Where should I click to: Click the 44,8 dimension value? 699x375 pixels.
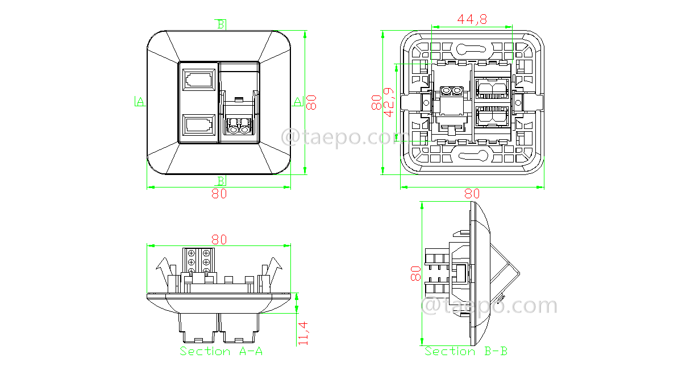tap(472, 19)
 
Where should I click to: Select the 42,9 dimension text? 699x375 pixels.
tap(389, 102)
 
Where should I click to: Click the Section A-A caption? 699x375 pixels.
tap(221, 351)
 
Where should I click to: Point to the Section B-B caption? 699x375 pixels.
tap(466, 351)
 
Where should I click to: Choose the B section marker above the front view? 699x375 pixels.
tap(220, 24)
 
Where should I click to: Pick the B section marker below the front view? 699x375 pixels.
tap(220, 180)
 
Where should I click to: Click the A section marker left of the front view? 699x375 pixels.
tap(139, 102)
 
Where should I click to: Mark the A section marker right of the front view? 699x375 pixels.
tap(297, 102)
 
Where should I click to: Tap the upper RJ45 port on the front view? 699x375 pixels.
tap(199, 79)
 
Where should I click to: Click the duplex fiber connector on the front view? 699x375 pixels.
tap(239, 126)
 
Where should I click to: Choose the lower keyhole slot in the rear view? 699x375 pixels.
tap(475, 156)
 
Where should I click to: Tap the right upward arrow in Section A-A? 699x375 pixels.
tap(274, 267)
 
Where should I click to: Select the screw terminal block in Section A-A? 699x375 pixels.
tap(199, 261)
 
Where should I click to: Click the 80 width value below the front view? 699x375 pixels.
tap(219, 194)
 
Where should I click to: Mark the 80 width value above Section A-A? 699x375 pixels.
tap(219, 240)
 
